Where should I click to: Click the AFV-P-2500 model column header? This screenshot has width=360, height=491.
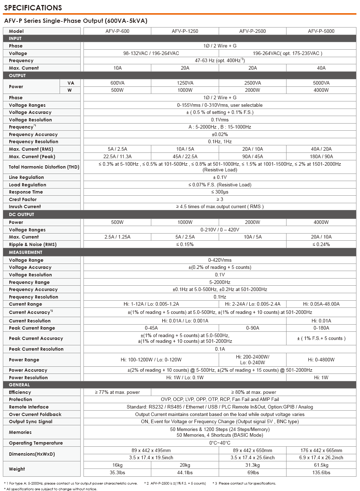pyautogui.click(x=252, y=31)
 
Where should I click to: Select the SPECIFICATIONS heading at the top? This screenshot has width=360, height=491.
pyautogui.click(x=33, y=8)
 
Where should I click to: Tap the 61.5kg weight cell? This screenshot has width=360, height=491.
pyautogui.click(x=321, y=465)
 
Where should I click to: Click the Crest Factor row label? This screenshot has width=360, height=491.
pyautogui.click(x=23, y=199)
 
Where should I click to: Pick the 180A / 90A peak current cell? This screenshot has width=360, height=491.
pyautogui.click(x=321, y=156)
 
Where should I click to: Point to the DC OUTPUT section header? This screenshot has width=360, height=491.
pyautogui.click(x=21, y=214)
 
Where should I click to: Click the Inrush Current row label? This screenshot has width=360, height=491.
pyautogui.click(x=25, y=206)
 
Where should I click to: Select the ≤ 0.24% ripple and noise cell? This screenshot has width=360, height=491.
pyautogui.click(x=321, y=244)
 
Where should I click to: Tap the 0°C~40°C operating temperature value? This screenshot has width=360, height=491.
pyautogui.click(x=220, y=443)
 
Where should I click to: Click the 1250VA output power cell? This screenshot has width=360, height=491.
pyautogui.click(x=185, y=83)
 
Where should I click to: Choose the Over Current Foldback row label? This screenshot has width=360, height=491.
pyautogui.click(x=35, y=414)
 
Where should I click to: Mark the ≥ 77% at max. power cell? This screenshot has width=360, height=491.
pyautogui.click(x=117, y=392)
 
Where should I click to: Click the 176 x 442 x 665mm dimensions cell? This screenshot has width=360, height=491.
pyautogui.click(x=321, y=450)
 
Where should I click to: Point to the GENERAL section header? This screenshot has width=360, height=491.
pyautogui.click(x=19, y=385)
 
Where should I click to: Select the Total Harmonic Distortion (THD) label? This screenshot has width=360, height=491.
pyautogui.click(x=44, y=167)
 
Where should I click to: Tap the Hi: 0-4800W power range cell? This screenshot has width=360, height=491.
pyautogui.click(x=321, y=360)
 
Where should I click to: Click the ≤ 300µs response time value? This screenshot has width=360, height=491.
pyautogui.click(x=220, y=192)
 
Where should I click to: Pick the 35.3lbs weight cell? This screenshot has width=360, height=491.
pyautogui.click(x=117, y=472)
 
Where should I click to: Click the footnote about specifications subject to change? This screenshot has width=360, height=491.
pyautogui.click(x=51, y=489)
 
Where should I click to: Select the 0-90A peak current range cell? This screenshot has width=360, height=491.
pyautogui.click(x=252, y=328)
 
